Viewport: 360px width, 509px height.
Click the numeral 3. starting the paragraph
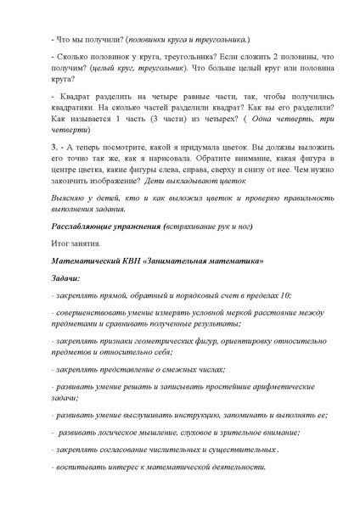55,170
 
